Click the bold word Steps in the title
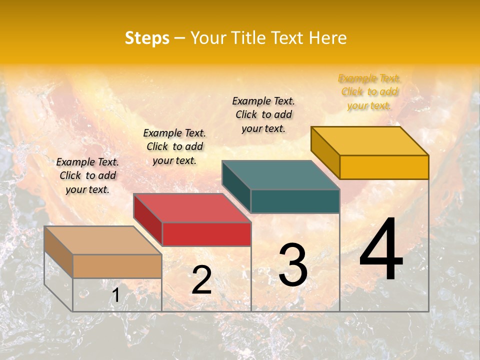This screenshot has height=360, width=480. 147,38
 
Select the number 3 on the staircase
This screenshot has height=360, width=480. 293,265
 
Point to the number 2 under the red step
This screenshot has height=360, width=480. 201,280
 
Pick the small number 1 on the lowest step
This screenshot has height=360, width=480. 115,295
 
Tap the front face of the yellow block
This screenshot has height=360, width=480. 384,167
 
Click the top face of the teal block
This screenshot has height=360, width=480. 280,174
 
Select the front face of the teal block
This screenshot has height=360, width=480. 295,201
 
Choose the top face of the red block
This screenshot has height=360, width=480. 192,208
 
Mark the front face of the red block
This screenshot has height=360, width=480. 206,234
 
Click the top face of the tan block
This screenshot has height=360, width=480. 103,240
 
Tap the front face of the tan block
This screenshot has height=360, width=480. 117,266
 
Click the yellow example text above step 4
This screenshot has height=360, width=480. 369,92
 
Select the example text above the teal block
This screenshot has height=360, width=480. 263,114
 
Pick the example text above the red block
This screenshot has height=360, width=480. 174,146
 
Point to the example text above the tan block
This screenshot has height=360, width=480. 87,175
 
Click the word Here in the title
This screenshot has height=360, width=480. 328,38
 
